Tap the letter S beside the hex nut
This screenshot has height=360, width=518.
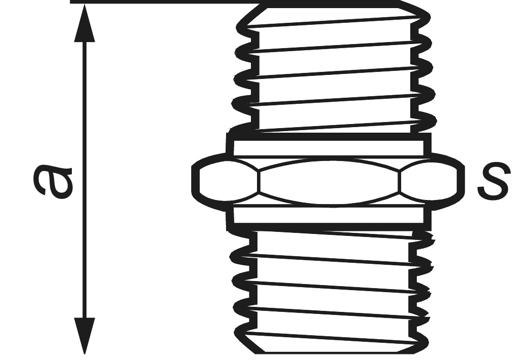pyautogui.click(x=493, y=181)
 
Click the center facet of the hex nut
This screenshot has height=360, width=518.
pyautogui.click(x=329, y=182)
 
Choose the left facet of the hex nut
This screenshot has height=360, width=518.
pyautogui.click(x=228, y=182)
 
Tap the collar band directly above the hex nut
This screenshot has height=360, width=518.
pyautogui.click(x=329, y=147)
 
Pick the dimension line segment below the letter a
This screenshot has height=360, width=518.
pyautogui.click(x=84, y=263)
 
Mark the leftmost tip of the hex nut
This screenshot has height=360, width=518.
pyautogui.click(x=194, y=182)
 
